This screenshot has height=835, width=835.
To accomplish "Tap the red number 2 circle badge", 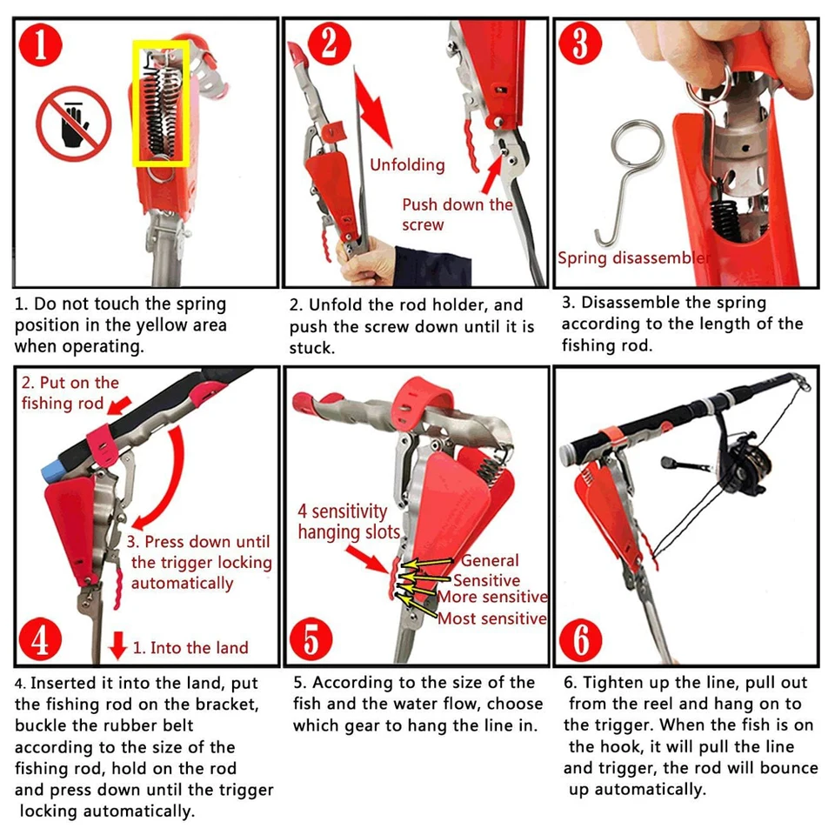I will click(x=328, y=43).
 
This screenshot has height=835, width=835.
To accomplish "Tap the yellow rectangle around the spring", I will click(x=162, y=103).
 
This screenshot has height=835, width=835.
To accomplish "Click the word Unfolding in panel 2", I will click(x=407, y=164).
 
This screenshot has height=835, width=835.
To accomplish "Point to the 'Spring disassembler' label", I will click(x=633, y=257).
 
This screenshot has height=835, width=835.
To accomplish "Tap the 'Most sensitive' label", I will click(x=491, y=618).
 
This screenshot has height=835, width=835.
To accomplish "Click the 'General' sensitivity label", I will click(x=490, y=561).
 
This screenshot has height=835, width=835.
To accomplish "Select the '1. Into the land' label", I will click(x=190, y=647).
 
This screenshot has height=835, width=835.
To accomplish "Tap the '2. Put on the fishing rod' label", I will click(x=70, y=393).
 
